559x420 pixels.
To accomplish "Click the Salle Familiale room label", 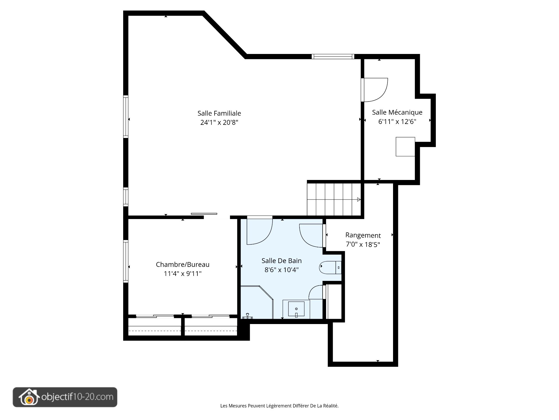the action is click(x=219, y=113).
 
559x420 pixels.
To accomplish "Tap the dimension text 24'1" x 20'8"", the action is click(x=219, y=123).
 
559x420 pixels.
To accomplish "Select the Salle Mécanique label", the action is click(x=397, y=112).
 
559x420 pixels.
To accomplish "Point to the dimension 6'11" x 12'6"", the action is click(x=397, y=122).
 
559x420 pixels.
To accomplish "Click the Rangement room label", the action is click(x=363, y=235).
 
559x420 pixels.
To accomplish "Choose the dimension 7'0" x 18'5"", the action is click(x=363, y=244).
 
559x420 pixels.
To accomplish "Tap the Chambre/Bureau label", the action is click(x=183, y=265).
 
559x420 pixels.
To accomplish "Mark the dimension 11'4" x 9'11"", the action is click(x=183, y=274).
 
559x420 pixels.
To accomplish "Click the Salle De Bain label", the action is click(x=282, y=261).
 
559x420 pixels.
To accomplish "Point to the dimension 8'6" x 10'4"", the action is click(x=282, y=270).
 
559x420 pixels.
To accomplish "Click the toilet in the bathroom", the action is click(x=330, y=267).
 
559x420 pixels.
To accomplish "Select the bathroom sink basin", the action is click(x=296, y=309).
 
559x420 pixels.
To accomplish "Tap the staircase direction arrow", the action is click(x=359, y=199).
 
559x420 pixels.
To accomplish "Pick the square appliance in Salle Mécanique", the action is click(x=405, y=146).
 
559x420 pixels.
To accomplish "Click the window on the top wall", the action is click(x=333, y=56).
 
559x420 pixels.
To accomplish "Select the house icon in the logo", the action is click(x=29, y=397).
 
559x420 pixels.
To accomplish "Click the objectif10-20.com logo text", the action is click(x=77, y=397).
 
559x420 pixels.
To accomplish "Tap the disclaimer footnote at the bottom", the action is click(x=279, y=406).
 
